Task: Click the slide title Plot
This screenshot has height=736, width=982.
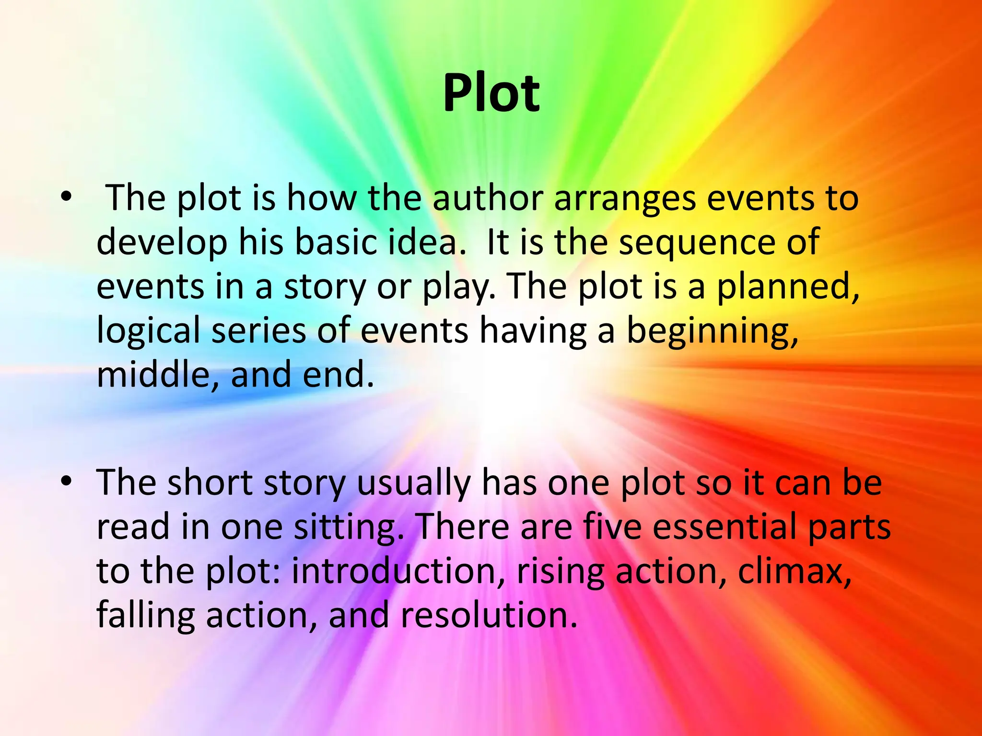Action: coord(491,93)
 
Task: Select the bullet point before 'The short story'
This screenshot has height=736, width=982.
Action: coord(66,481)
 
